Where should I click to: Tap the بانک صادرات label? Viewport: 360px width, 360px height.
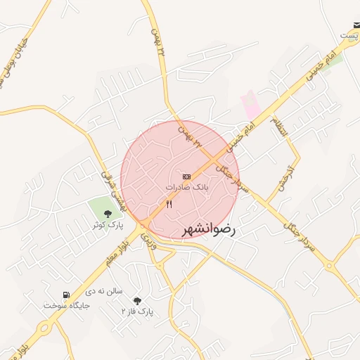pos(187,188)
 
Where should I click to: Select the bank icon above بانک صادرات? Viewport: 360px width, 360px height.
pos(186,176)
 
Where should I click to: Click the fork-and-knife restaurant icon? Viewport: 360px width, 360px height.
pos(169,205)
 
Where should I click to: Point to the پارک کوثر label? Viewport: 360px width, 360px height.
pos(107,225)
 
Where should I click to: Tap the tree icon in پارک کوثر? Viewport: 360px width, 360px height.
pos(108,214)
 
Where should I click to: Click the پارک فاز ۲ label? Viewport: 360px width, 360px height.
pos(137,311)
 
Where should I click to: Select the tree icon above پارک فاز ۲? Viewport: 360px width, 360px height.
pos(137,300)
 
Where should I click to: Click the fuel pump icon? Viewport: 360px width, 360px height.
pos(66,295)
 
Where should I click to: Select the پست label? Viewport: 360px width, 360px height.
pos(349,34)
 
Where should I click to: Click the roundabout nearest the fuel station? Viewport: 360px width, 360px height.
pos(46,328)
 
